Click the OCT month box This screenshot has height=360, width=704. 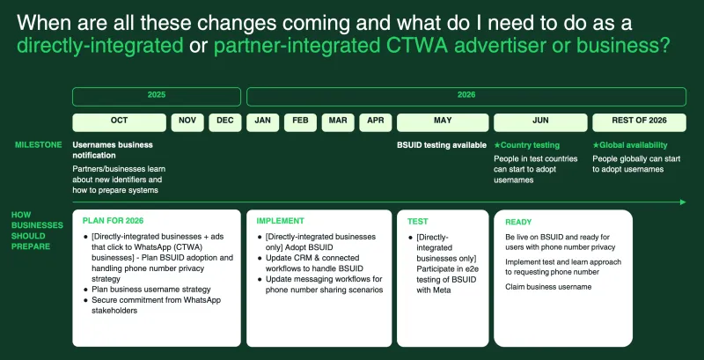119,121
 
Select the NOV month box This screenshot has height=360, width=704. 187,121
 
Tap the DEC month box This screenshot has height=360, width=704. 225,121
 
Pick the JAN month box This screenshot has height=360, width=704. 262,121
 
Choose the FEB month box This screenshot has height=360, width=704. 300,121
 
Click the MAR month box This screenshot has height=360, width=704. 338,121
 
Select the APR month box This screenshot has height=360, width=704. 375,121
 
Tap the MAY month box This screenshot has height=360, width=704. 442,121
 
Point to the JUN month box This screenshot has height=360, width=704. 539,121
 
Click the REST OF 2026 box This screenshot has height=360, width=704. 640,121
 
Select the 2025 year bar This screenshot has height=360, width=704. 156,95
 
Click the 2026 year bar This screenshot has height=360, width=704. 466,95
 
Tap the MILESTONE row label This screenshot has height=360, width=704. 38,144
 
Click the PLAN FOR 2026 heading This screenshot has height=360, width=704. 113,221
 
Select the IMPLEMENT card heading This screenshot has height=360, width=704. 280,221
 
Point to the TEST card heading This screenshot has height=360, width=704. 418,221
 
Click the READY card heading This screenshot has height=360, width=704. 518,221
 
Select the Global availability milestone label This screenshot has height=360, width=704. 630,144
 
